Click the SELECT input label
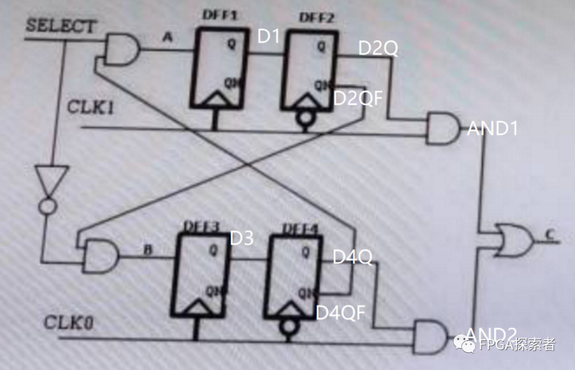pyautogui.click(x=61, y=26)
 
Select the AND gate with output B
pyautogui.click(x=101, y=254)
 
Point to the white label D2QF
pyautogui.click(x=358, y=98)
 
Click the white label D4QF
pyautogui.click(x=341, y=313)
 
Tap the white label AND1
pyautogui.click(x=492, y=128)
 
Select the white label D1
pyautogui.click(x=268, y=36)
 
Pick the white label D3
pyautogui.click(x=241, y=239)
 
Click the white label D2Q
pyautogui.click(x=378, y=48)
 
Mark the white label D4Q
pyautogui.click(x=352, y=257)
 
